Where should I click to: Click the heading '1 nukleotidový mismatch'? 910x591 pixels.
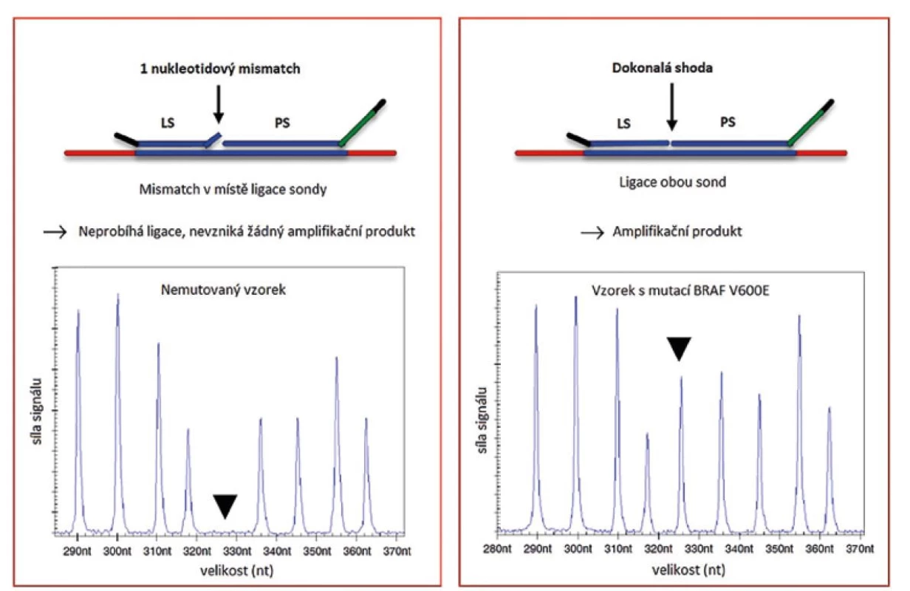click(x=220, y=69)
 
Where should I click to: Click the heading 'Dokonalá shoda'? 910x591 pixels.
click(x=662, y=68)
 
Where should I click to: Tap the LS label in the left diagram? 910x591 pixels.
click(x=168, y=123)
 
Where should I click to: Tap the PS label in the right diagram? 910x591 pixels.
click(x=728, y=122)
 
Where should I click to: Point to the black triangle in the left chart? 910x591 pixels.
click(x=225, y=504)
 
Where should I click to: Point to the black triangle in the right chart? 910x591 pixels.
click(x=679, y=347)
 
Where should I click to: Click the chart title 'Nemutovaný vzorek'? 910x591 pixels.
click(x=223, y=290)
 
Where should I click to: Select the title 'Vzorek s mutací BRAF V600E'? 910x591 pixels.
click(x=680, y=291)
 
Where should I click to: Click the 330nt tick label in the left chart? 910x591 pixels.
click(x=237, y=551)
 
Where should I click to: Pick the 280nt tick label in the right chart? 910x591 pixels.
click(x=497, y=549)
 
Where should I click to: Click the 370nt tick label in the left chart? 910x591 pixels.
click(x=397, y=551)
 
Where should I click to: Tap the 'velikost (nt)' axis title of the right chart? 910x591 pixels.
click(x=688, y=570)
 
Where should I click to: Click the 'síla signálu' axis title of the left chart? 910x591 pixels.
click(x=37, y=411)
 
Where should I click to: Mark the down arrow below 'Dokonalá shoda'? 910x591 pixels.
click(x=672, y=107)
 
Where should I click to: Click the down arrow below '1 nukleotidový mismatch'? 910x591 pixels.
click(x=219, y=104)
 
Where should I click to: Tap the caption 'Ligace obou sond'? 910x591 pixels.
click(x=673, y=182)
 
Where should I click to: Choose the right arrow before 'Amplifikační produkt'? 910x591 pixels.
click(x=592, y=233)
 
